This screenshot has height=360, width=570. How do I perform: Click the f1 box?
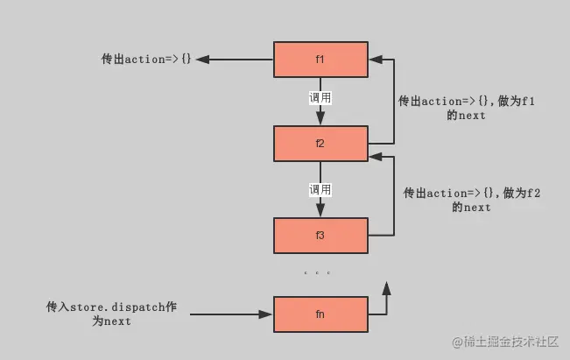point(320,59)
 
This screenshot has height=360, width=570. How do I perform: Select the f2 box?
point(320,144)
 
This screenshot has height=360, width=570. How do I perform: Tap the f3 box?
point(320,235)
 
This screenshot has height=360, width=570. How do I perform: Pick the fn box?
point(320,314)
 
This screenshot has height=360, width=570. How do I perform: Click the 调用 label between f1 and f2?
point(320,98)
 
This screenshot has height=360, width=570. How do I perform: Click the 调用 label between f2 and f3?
point(320,189)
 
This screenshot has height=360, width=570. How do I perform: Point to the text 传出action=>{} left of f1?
point(146,60)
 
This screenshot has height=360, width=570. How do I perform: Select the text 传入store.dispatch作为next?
point(111,314)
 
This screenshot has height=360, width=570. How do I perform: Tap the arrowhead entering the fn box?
point(267,314)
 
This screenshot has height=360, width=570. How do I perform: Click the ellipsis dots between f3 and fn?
point(317,273)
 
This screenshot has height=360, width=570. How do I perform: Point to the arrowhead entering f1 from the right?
point(373,60)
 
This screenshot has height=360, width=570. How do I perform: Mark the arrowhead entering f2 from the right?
point(373,157)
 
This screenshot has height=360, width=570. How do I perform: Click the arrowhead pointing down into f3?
point(320,211)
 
